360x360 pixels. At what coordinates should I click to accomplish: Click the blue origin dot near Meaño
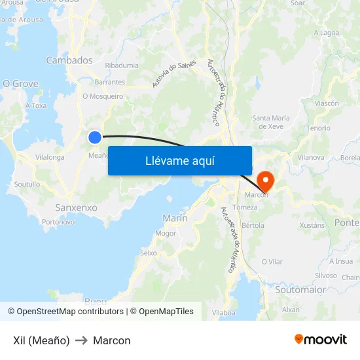point(95,137)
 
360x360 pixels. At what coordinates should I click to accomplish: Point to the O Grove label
point(20,84)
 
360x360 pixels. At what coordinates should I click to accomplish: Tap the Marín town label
point(175,218)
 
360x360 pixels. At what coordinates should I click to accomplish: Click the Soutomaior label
point(300,289)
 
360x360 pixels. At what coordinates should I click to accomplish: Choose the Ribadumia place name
point(122,65)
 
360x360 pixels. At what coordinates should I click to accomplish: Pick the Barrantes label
point(109,82)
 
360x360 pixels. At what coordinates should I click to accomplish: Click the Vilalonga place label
point(50,158)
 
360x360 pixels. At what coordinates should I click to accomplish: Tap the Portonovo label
point(58,222)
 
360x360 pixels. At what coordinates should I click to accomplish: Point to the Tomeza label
point(245,207)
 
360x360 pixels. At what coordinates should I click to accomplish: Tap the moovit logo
point(321,339)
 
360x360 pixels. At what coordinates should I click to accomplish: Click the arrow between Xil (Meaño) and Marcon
point(81,340)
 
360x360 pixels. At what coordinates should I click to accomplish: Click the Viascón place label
point(327,103)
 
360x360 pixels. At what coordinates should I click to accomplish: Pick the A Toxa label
point(36,105)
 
